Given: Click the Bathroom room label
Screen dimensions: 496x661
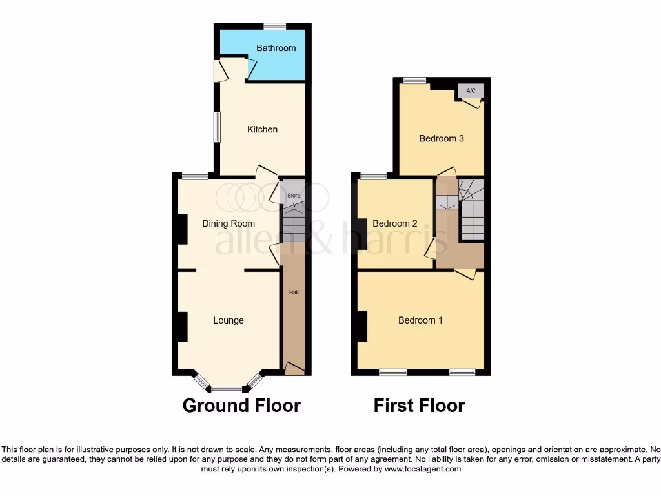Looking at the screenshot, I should pyautogui.click(x=276, y=48).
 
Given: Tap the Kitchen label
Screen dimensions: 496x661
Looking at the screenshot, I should pyautogui.click(x=262, y=129).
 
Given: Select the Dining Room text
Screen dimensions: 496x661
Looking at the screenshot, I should pyautogui.click(x=229, y=223).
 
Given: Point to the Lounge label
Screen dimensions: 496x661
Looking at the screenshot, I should pyautogui.click(x=229, y=320).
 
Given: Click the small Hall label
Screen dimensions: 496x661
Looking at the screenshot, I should pyautogui.click(x=294, y=293).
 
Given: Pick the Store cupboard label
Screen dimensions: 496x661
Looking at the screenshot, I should pyautogui.click(x=294, y=195).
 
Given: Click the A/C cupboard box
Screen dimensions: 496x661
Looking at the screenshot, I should pyautogui.click(x=471, y=91).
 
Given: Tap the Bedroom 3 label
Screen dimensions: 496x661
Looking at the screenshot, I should pyautogui.click(x=442, y=138).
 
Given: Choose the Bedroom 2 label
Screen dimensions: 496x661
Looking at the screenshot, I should pyautogui.click(x=395, y=223).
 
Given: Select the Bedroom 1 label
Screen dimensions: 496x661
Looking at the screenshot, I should pyautogui.click(x=420, y=320).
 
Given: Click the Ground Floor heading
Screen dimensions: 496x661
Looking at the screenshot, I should pyautogui.click(x=241, y=406).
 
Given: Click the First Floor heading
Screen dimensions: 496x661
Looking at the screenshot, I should pyautogui.click(x=419, y=406).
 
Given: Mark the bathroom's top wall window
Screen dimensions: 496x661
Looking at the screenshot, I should pyautogui.click(x=274, y=26).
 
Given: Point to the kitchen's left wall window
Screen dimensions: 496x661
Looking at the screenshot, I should pyautogui.click(x=218, y=127).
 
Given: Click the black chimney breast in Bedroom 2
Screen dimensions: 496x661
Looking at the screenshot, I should pyautogui.click(x=362, y=234).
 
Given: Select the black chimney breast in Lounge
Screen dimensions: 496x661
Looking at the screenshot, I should pyautogui.click(x=183, y=327).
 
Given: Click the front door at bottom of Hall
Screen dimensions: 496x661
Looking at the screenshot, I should pyautogui.click(x=295, y=369).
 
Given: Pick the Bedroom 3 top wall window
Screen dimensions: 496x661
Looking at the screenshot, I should pyautogui.click(x=414, y=81).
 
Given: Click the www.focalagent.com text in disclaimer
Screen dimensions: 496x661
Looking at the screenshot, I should pyautogui.click(x=423, y=469).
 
